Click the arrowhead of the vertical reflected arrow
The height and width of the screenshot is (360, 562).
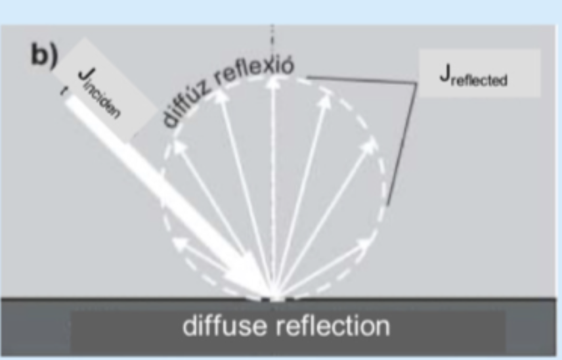(x=274, y=82)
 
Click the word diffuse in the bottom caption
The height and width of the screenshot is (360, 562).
(x=225, y=325)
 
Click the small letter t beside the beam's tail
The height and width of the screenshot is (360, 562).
(x=63, y=91)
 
